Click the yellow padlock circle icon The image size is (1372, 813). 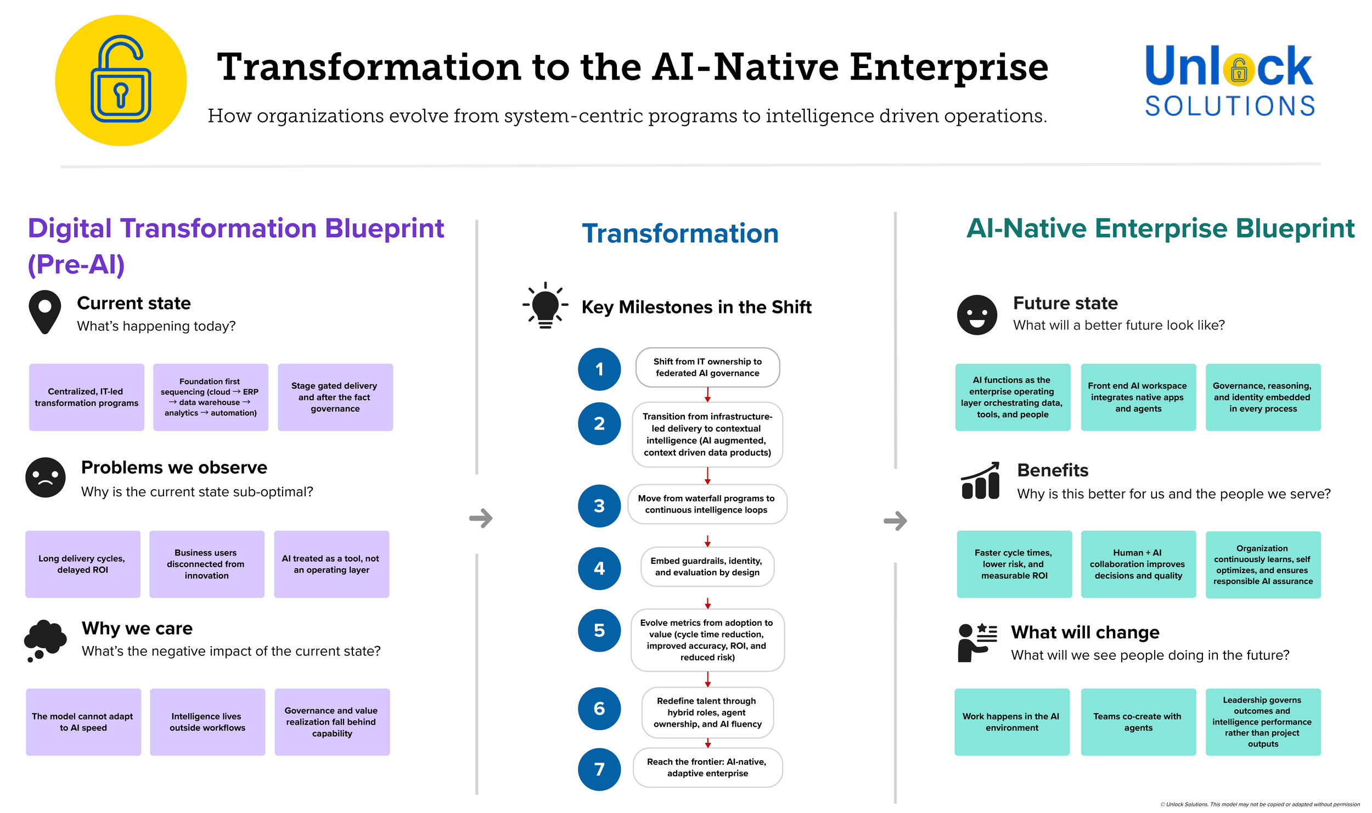click(x=121, y=80)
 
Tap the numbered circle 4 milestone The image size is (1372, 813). click(x=599, y=568)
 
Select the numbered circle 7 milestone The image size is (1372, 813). click(x=599, y=769)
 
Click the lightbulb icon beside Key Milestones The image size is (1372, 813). click(x=545, y=306)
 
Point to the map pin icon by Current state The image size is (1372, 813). click(x=45, y=312)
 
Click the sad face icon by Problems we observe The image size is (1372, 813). click(x=46, y=477)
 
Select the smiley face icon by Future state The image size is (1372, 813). click(x=977, y=315)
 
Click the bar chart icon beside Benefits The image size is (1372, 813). click(x=980, y=481)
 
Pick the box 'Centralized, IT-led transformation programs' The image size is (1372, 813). click(x=87, y=397)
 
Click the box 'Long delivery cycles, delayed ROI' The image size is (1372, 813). click(x=83, y=564)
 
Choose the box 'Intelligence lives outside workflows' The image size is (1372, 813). click(x=207, y=722)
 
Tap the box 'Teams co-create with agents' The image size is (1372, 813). click(x=1138, y=722)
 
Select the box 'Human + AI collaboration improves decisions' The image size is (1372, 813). click(x=1138, y=564)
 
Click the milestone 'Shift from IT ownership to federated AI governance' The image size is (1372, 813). click(x=707, y=367)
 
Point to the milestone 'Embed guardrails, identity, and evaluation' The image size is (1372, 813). click(x=707, y=567)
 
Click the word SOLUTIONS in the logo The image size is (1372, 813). click(x=1229, y=106)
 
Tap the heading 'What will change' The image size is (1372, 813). click(x=1085, y=632)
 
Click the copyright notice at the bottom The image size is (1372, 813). click(x=1259, y=804)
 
